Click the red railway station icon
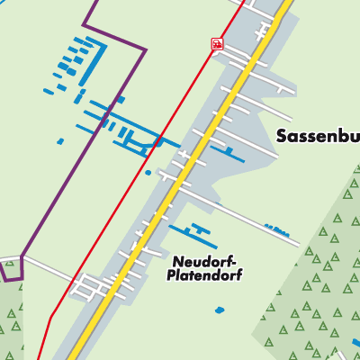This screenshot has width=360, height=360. (216, 43)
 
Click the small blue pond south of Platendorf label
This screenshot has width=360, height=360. (220, 310)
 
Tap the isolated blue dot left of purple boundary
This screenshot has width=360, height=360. (60, 141)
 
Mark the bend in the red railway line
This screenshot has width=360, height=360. (51, 315)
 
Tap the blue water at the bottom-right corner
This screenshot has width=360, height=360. (355, 343)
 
